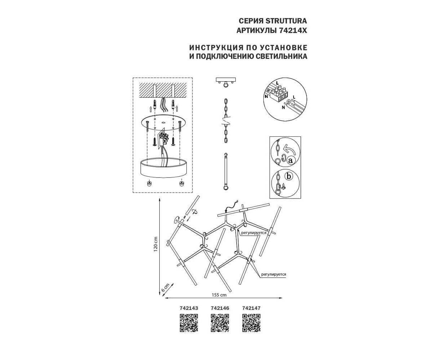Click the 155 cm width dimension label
(219, 295)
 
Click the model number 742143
(189, 308)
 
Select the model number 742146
(220, 308)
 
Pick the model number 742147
(251, 308)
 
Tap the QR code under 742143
(189, 323)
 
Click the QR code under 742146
(220, 323)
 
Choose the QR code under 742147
(251, 323)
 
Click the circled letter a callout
(291, 160)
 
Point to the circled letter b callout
(289, 176)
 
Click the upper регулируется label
(254, 233)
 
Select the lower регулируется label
(273, 274)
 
